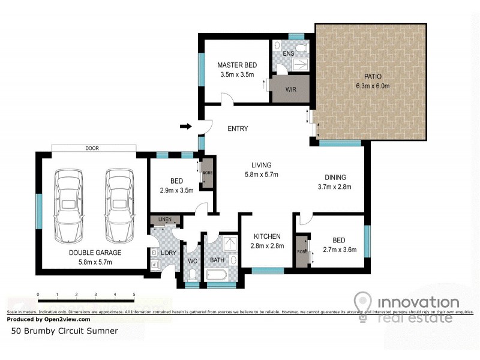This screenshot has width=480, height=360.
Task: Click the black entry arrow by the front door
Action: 186,127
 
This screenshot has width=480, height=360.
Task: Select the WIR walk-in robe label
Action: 291,90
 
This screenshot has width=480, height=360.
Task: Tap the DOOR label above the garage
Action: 92,148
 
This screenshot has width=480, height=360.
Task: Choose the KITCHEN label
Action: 267,236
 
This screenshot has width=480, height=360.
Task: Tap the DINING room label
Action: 336,177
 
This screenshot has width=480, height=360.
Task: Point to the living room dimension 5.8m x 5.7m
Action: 262,175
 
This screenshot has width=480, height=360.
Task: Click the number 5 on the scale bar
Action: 134,295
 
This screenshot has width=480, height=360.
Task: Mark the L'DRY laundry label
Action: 167,253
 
